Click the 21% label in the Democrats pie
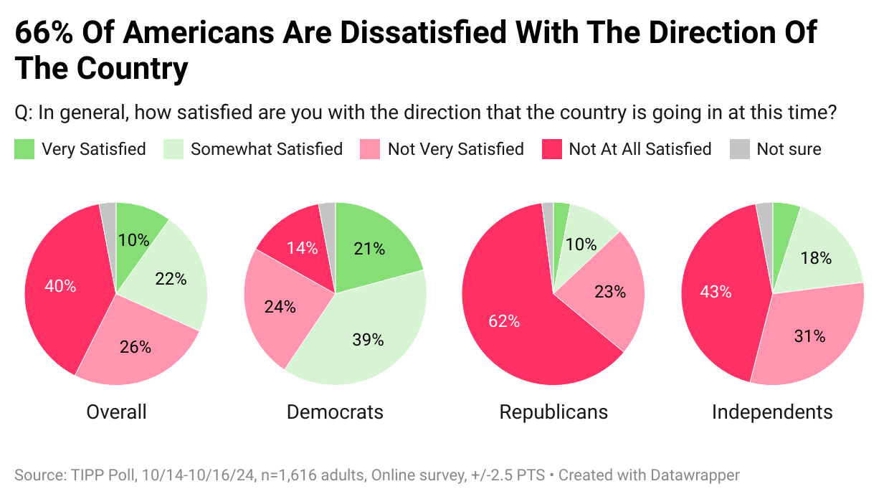369,249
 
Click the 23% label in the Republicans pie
610,292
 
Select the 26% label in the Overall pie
136,346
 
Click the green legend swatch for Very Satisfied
24,149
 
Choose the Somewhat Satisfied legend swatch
173,149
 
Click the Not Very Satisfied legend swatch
371,149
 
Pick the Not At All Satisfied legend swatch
551,149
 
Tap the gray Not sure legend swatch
739,149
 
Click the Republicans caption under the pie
553,412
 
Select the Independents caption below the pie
772,412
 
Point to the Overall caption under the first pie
116,412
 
